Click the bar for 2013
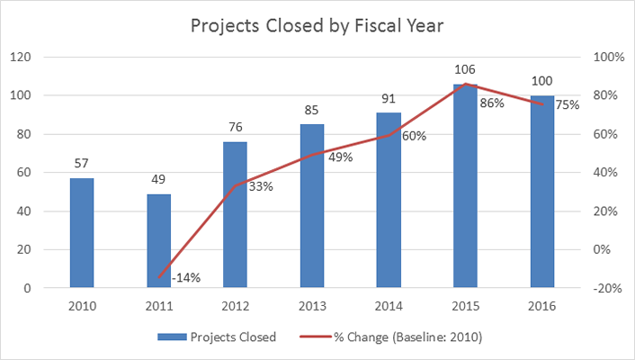click(311, 206)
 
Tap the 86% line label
click(491, 103)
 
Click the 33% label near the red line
click(260, 187)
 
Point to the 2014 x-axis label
click(389, 306)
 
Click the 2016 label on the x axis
click(542, 306)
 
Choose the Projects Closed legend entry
click(217, 337)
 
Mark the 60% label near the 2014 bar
click(414, 137)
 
